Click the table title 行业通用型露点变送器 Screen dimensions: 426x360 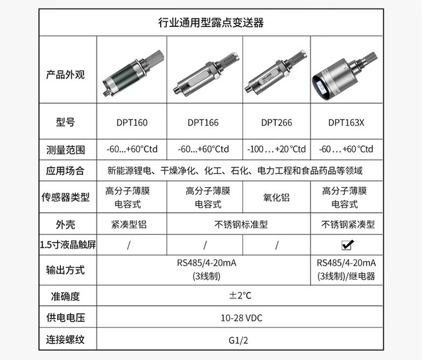211,23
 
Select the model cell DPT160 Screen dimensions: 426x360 132,122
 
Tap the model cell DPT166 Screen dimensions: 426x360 203,122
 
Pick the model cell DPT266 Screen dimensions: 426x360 277,122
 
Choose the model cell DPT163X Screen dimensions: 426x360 346,122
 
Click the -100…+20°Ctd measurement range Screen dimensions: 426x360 277,149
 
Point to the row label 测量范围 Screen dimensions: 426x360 65,150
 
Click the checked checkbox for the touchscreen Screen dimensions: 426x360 347,245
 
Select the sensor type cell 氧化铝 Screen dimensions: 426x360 276,197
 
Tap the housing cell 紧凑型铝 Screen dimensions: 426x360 129,224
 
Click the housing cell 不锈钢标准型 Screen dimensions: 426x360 241,224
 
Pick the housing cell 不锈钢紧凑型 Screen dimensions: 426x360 348,224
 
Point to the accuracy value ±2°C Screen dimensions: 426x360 240,295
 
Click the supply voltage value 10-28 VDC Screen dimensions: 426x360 241,317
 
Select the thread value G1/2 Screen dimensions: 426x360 238,340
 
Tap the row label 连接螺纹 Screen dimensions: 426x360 65,340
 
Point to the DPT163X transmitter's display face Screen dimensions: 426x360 321,86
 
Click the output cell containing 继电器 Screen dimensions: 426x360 346,269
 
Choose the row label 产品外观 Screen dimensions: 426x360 65,74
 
